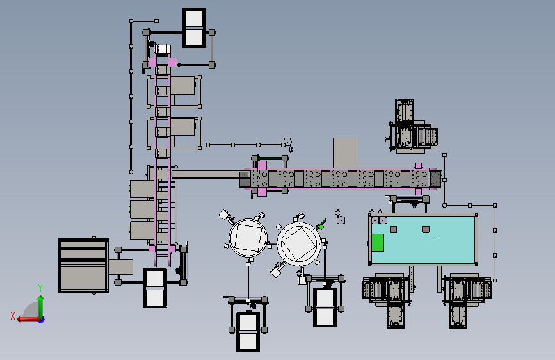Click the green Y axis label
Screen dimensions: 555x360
[40, 288]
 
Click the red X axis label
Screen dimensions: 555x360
[13, 316]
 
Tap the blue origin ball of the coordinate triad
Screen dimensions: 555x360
[42, 320]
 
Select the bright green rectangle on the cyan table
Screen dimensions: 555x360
[378, 243]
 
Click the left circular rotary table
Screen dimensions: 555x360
[248, 238]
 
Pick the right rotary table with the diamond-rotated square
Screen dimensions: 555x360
[299, 244]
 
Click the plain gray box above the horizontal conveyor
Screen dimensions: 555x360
[346, 152]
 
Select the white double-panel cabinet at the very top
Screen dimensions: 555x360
[195, 28]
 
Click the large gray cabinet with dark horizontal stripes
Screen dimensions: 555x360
[83, 265]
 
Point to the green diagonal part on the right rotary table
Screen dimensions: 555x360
[322, 224]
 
